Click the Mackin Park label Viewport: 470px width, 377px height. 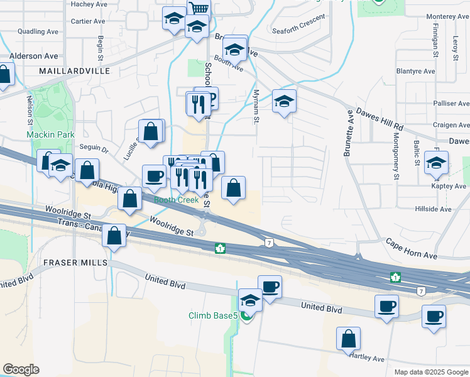51,134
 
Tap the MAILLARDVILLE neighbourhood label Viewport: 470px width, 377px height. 74,71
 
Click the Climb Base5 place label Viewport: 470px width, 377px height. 212,315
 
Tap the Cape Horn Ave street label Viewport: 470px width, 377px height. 411,248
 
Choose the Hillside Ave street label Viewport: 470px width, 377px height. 433,209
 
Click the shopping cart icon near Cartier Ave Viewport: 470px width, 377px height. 199,8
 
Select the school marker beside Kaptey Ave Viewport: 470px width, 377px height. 436,163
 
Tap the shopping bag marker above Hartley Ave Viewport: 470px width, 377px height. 348,339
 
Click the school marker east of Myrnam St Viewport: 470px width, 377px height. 284,101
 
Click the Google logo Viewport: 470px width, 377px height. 21,369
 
